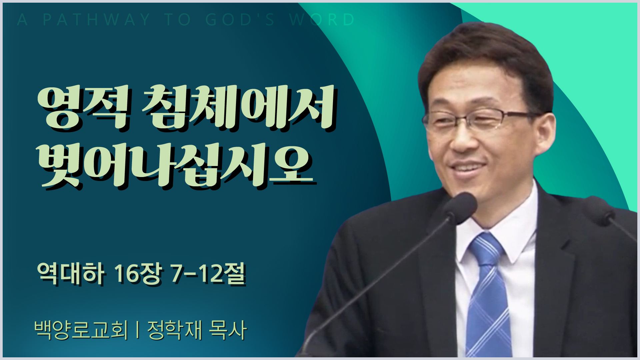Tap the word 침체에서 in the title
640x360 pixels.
[x=239, y=108]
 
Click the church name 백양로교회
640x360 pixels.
[x=81, y=330]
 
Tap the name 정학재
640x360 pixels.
[x=175, y=330]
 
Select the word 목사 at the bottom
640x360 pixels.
[x=228, y=330]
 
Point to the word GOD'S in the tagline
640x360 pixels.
[x=240, y=20]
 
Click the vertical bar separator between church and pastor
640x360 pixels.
[x=138, y=330]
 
